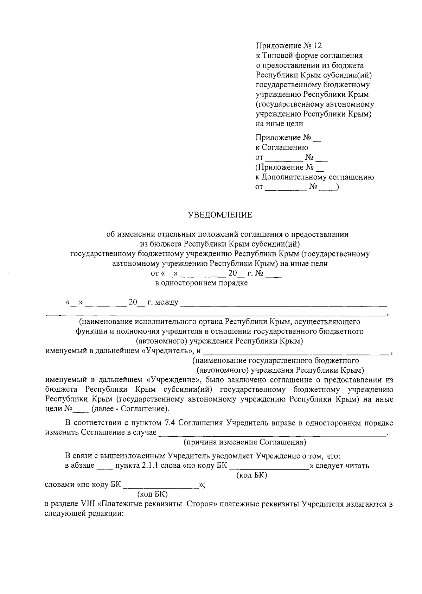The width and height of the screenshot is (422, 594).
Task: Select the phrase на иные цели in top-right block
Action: click(x=279, y=124)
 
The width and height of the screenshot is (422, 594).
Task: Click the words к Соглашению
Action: click(x=282, y=147)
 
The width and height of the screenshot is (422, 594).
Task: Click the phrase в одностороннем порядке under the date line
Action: click(x=202, y=283)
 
